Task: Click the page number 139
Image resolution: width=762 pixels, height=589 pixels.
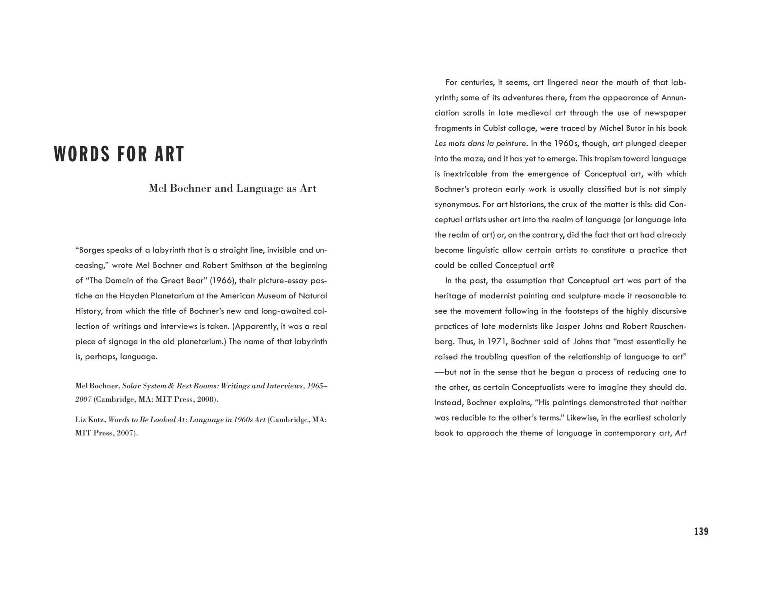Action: pyautogui.click(x=701, y=532)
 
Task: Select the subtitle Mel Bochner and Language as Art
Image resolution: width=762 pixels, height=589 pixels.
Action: pyautogui.click(x=232, y=188)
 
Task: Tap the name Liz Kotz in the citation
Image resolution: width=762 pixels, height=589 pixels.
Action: pyautogui.click(x=90, y=420)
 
